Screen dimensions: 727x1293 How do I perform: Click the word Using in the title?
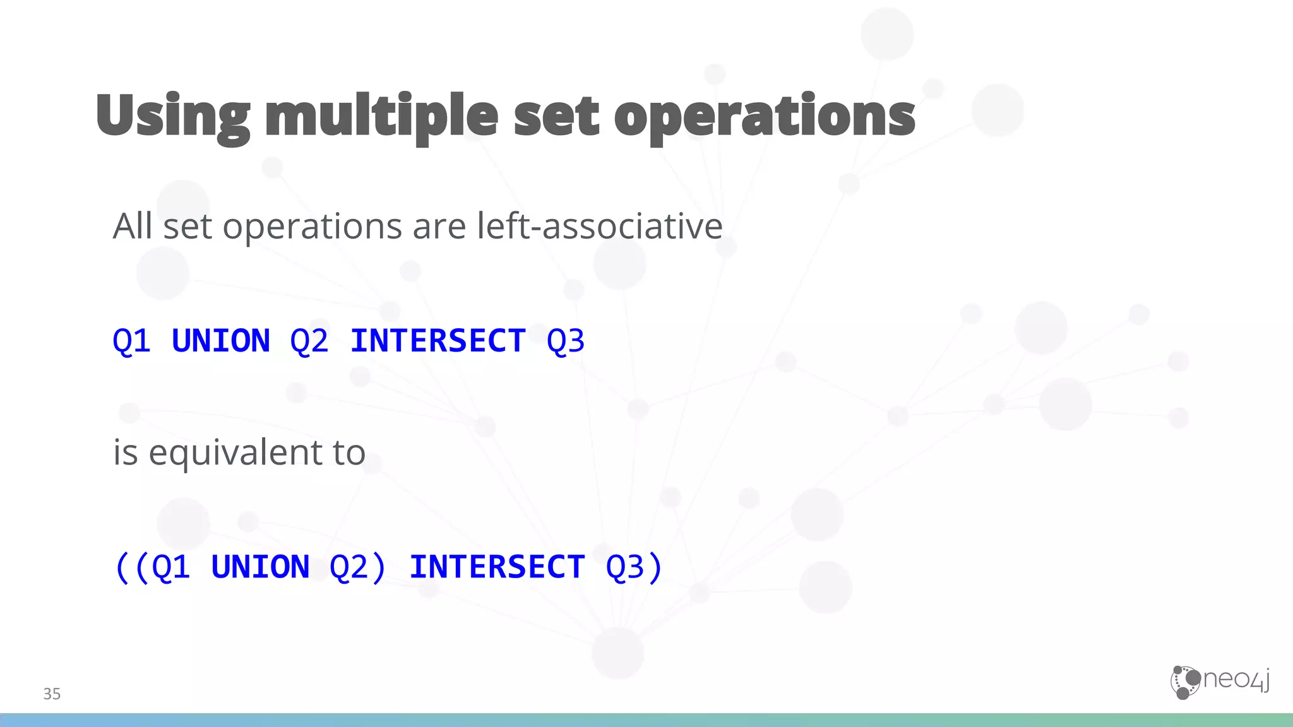click(x=172, y=117)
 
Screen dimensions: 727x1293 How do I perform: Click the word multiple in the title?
click(x=381, y=117)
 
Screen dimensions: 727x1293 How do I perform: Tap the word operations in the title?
click(x=764, y=117)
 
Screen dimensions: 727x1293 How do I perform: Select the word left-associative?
click(x=599, y=226)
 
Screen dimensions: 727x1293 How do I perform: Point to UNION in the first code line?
click(x=220, y=341)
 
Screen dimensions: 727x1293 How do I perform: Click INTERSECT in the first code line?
click(x=438, y=341)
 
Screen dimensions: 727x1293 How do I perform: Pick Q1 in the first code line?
click(x=131, y=341)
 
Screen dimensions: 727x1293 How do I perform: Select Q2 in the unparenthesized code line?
click(x=309, y=341)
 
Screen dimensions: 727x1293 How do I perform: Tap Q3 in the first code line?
click(x=566, y=341)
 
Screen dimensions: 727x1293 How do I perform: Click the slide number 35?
click(x=52, y=694)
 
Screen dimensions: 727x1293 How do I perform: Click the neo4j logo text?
click(x=1236, y=680)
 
